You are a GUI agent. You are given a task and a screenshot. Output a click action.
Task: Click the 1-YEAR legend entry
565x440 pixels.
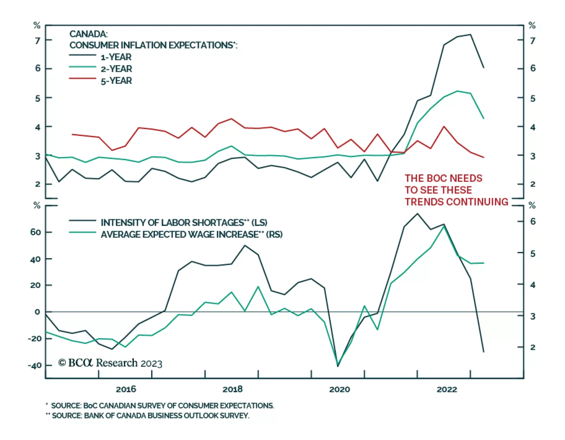pos(116,57)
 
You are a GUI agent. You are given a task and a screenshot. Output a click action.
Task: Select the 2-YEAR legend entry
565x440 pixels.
pos(116,69)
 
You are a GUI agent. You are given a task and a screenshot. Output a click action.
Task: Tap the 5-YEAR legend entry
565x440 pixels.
pos(116,81)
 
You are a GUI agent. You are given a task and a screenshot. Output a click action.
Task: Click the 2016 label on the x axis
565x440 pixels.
pos(126,389)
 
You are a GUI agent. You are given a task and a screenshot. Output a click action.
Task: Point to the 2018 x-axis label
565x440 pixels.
pos(232,389)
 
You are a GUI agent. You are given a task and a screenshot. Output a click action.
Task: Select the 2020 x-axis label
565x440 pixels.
pos(339,389)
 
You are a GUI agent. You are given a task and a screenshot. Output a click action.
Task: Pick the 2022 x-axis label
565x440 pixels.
pos(447,389)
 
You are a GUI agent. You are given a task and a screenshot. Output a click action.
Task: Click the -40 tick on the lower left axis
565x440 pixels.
pos(35,365)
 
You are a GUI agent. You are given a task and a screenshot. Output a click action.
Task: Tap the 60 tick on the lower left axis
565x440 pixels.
pos(36,232)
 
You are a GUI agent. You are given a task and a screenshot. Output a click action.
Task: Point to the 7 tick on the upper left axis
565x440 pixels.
pos(38,41)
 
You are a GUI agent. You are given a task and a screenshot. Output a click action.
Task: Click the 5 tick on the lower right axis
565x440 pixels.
pos(533,254)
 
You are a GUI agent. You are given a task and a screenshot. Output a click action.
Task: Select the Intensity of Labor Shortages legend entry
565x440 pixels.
pos(184,222)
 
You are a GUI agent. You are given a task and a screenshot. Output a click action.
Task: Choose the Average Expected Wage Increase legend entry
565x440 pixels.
pos(191,235)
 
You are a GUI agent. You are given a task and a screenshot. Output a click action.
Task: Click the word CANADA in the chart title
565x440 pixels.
pos(88,34)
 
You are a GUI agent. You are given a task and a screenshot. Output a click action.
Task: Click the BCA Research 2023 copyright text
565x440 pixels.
pos(110,363)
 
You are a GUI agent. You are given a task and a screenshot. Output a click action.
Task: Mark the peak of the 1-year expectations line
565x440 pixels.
pos(470,35)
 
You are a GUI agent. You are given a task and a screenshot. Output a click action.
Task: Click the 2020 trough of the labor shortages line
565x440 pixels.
pos(338,366)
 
